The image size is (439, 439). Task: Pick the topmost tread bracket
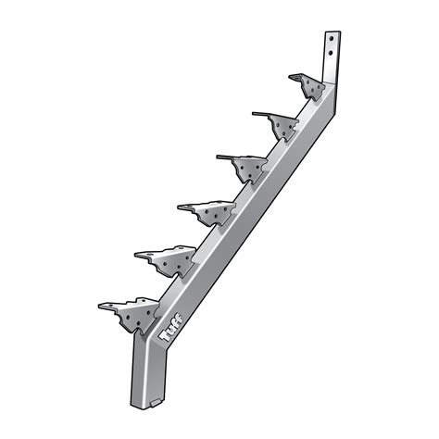click(x=309, y=86)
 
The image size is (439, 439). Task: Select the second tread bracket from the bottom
click(x=172, y=260)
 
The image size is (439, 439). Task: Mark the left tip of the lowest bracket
click(x=101, y=307)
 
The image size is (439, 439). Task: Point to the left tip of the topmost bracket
click(x=291, y=77)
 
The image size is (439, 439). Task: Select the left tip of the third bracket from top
click(x=219, y=157)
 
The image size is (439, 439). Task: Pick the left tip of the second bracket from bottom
click(x=137, y=252)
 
